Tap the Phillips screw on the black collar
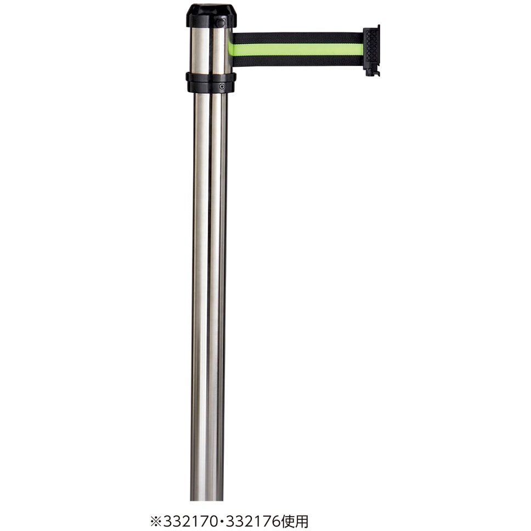pos(222,86)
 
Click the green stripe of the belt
pos(298,49)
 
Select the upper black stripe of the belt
pos(298,38)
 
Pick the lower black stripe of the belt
pos(298,60)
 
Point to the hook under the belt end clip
pos(371,71)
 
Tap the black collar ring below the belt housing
pos(211,82)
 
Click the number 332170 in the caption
pos(190,522)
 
